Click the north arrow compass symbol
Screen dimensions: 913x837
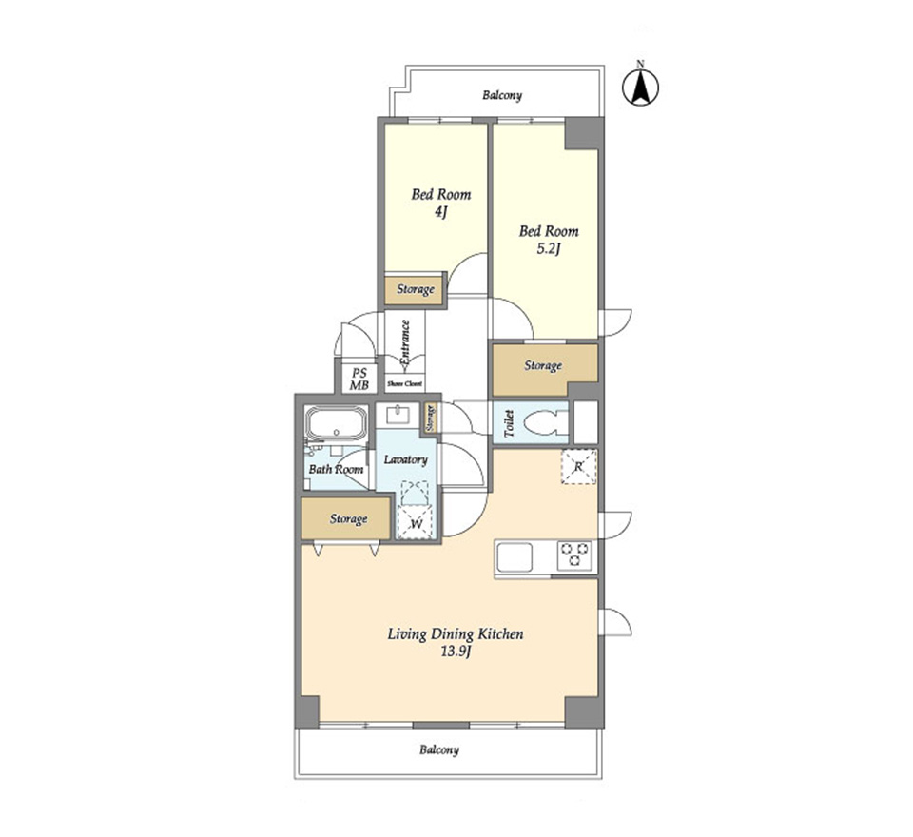(x=640, y=88)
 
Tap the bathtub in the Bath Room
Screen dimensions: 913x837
(x=337, y=423)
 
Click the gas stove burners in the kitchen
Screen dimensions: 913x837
(x=574, y=555)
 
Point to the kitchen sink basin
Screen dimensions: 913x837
(x=515, y=557)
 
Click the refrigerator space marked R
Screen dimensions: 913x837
(x=579, y=467)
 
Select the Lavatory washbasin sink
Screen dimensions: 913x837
(x=398, y=415)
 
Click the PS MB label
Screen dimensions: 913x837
(x=359, y=380)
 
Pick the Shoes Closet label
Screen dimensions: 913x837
(x=405, y=384)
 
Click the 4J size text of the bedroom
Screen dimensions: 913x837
(x=440, y=213)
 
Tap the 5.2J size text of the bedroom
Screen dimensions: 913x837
(x=548, y=250)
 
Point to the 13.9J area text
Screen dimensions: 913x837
(x=456, y=652)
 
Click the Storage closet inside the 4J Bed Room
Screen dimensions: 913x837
(x=416, y=289)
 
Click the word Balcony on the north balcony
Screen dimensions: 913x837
(x=502, y=95)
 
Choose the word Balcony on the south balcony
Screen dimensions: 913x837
(x=439, y=749)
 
